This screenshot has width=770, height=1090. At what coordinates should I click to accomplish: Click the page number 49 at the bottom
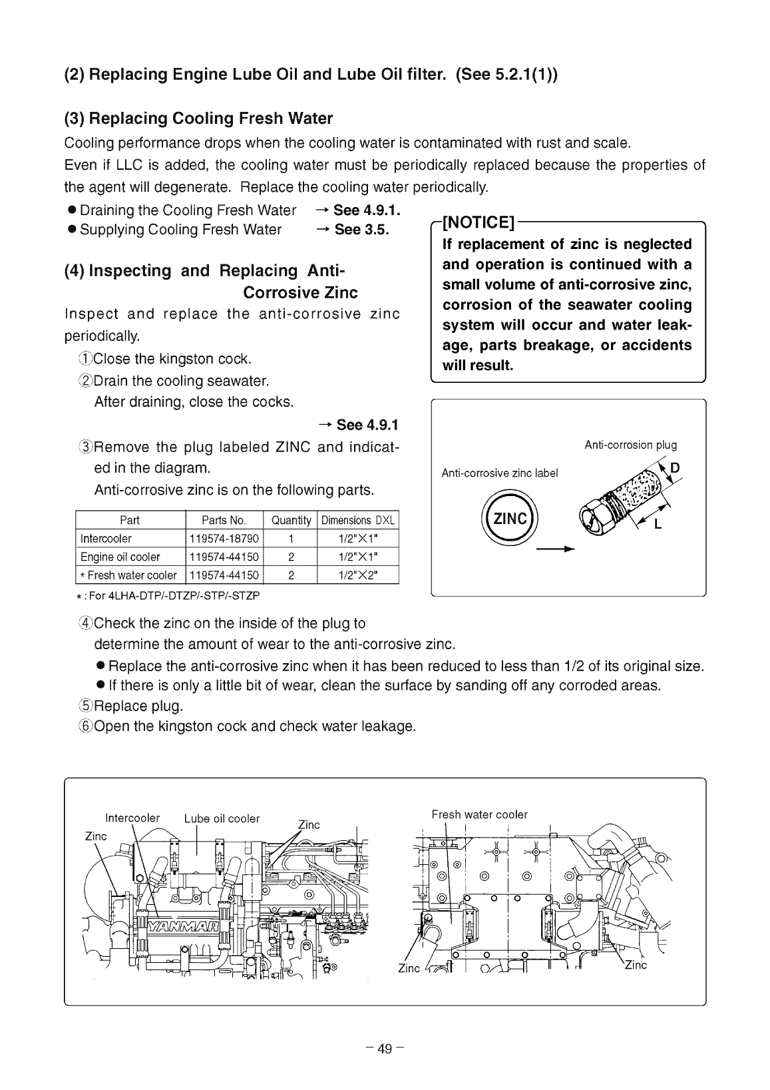coord(385,1049)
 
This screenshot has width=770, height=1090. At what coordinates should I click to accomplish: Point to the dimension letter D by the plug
coord(675,467)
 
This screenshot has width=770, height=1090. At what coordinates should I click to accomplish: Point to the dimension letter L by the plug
coord(658,524)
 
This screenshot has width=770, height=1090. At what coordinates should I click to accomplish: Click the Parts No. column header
coord(224,520)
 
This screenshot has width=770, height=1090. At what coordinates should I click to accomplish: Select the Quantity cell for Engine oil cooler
coord(291,557)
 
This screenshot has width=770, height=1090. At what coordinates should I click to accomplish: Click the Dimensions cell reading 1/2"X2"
coord(359,575)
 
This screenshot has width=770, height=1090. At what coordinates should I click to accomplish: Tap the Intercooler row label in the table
coord(106,538)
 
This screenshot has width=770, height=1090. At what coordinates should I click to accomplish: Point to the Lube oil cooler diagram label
coord(222,818)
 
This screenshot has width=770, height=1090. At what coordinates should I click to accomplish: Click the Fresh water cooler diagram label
coord(479,814)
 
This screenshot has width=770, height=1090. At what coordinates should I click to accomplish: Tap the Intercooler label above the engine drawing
coord(132,818)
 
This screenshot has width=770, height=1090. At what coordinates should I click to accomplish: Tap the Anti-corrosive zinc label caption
coord(500,473)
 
